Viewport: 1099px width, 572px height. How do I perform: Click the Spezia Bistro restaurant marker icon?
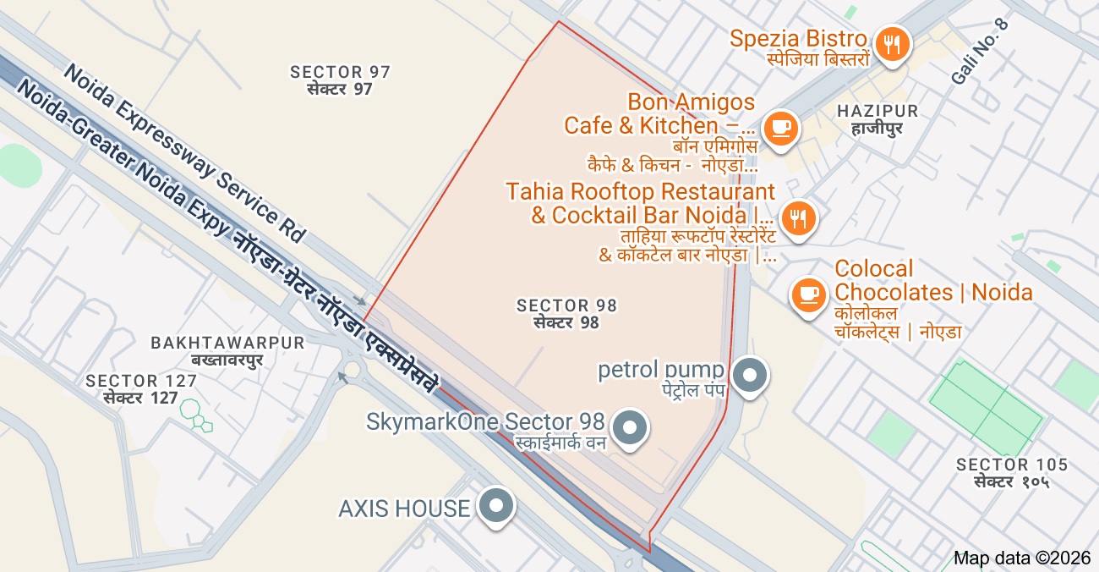click(x=890, y=43)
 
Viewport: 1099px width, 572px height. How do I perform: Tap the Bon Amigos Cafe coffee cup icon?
click(x=779, y=129)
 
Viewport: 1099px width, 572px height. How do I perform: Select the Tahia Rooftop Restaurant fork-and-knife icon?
click(x=797, y=218)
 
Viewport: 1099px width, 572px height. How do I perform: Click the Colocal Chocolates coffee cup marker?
click(x=809, y=294)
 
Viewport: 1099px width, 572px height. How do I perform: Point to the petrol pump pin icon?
click(x=748, y=376)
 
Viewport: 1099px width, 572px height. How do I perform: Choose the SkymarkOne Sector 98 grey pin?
click(x=628, y=427)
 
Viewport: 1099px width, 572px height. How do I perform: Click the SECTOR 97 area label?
click(x=340, y=72)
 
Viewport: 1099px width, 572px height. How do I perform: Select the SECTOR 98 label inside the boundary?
click(x=566, y=305)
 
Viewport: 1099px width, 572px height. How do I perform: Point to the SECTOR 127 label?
click(x=132, y=382)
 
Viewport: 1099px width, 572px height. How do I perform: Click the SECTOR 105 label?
click(x=1012, y=465)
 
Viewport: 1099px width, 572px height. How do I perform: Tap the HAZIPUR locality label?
click(x=877, y=112)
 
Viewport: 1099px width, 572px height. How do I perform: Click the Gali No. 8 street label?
click(x=979, y=51)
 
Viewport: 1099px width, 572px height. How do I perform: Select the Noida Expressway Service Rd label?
click(x=183, y=153)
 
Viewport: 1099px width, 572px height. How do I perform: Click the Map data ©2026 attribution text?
click(x=1022, y=558)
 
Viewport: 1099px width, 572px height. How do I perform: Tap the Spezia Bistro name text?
click(x=798, y=38)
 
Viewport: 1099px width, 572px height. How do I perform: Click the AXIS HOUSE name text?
click(x=404, y=509)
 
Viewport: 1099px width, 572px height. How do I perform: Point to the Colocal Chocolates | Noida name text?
click(x=933, y=281)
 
